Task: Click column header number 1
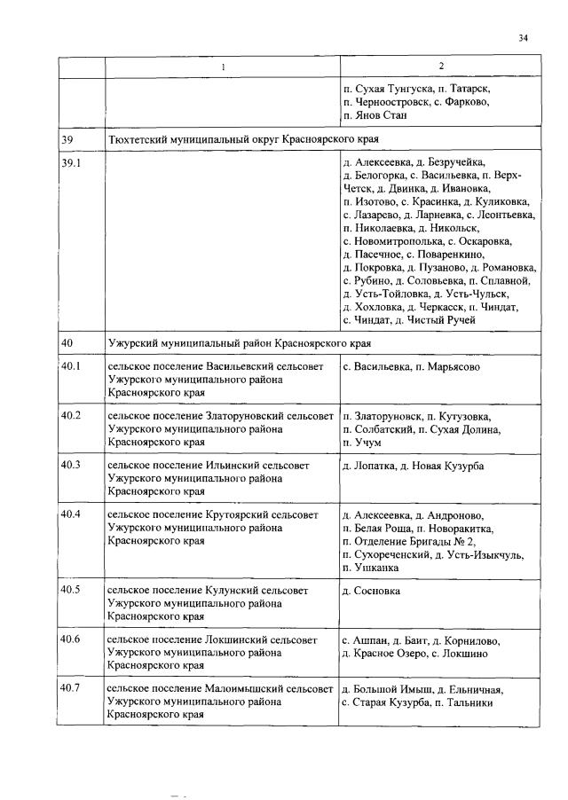pyautogui.click(x=223, y=67)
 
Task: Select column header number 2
pyautogui.click(x=441, y=67)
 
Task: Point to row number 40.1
pyautogui.click(x=71, y=366)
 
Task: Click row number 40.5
pyautogui.click(x=71, y=590)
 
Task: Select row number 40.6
pyautogui.click(x=71, y=639)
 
